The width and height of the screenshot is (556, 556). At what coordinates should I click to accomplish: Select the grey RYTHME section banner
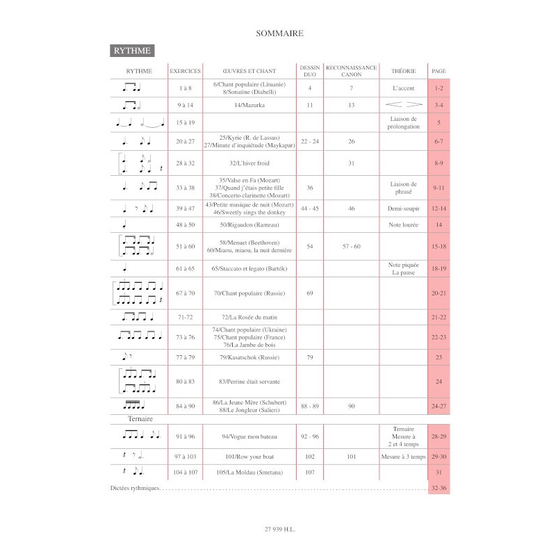click(132, 51)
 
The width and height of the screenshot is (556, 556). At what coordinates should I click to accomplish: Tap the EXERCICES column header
click(185, 71)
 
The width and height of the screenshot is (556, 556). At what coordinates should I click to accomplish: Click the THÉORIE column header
click(404, 71)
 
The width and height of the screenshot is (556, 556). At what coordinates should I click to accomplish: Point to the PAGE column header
click(439, 71)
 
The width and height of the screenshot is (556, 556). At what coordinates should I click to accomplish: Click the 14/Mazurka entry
click(249, 105)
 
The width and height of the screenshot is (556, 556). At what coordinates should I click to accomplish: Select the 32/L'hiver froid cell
click(249, 163)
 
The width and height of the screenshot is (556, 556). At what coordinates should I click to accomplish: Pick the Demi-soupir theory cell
click(404, 208)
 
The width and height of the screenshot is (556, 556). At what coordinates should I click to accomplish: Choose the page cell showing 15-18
click(439, 247)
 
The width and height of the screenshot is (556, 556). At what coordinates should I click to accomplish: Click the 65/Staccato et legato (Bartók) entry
click(249, 268)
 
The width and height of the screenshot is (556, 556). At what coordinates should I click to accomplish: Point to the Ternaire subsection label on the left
click(140, 419)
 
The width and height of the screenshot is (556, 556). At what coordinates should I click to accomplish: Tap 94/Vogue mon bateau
click(249, 436)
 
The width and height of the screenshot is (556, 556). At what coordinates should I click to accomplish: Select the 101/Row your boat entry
click(249, 457)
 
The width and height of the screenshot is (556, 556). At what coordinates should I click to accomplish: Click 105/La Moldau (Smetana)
click(249, 473)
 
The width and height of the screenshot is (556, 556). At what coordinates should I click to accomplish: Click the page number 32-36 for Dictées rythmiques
click(439, 489)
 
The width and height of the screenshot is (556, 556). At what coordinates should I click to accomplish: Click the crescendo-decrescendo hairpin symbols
click(404, 105)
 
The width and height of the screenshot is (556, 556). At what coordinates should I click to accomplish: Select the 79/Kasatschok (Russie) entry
click(249, 357)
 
